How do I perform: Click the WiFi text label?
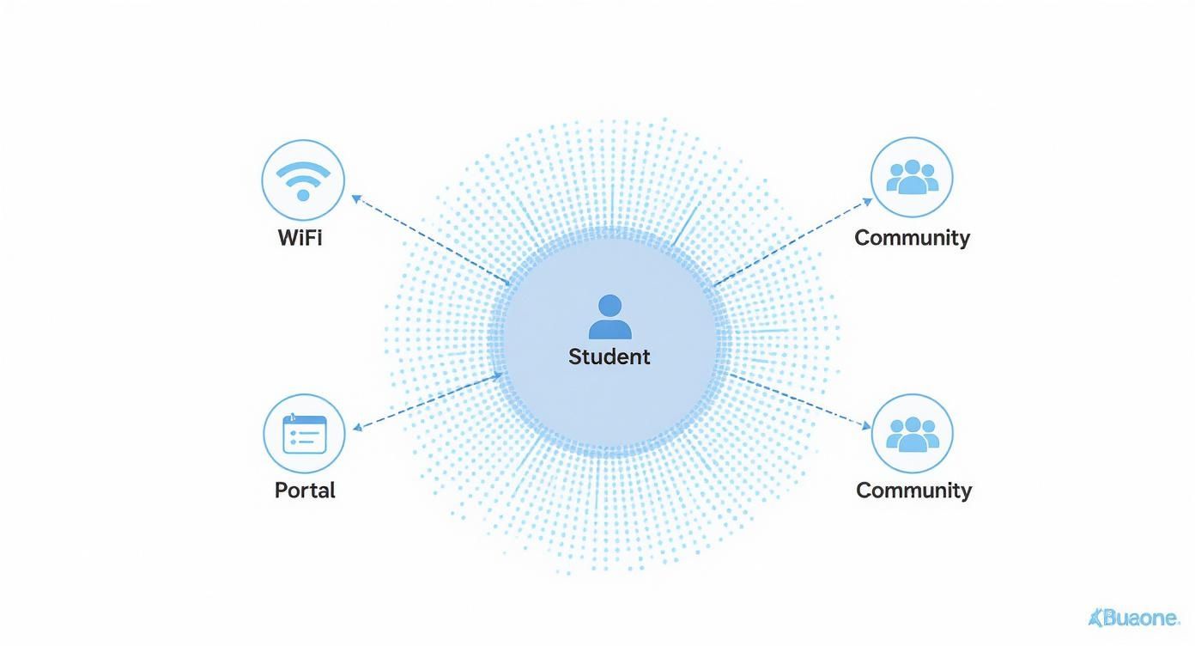(300, 238)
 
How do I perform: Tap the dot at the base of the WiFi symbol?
(303, 195)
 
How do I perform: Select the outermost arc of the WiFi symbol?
(303, 169)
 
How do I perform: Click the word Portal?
(305, 491)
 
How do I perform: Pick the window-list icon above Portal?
(304, 434)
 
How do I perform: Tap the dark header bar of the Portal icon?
(304, 420)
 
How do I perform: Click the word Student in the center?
(610, 357)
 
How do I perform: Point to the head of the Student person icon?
(610, 305)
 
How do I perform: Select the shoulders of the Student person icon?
(610, 329)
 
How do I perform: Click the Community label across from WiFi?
(913, 238)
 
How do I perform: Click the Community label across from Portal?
(914, 491)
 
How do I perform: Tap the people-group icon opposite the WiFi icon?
(913, 177)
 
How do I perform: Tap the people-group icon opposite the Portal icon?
(913, 434)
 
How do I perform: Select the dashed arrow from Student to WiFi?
(430, 240)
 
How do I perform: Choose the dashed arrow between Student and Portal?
(428, 401)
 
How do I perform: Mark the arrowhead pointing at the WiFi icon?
(356, 198)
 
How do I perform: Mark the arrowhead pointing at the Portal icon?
(357, 427)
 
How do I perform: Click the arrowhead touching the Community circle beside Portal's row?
(866, 425)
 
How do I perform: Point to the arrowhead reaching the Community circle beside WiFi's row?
(867, 202)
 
